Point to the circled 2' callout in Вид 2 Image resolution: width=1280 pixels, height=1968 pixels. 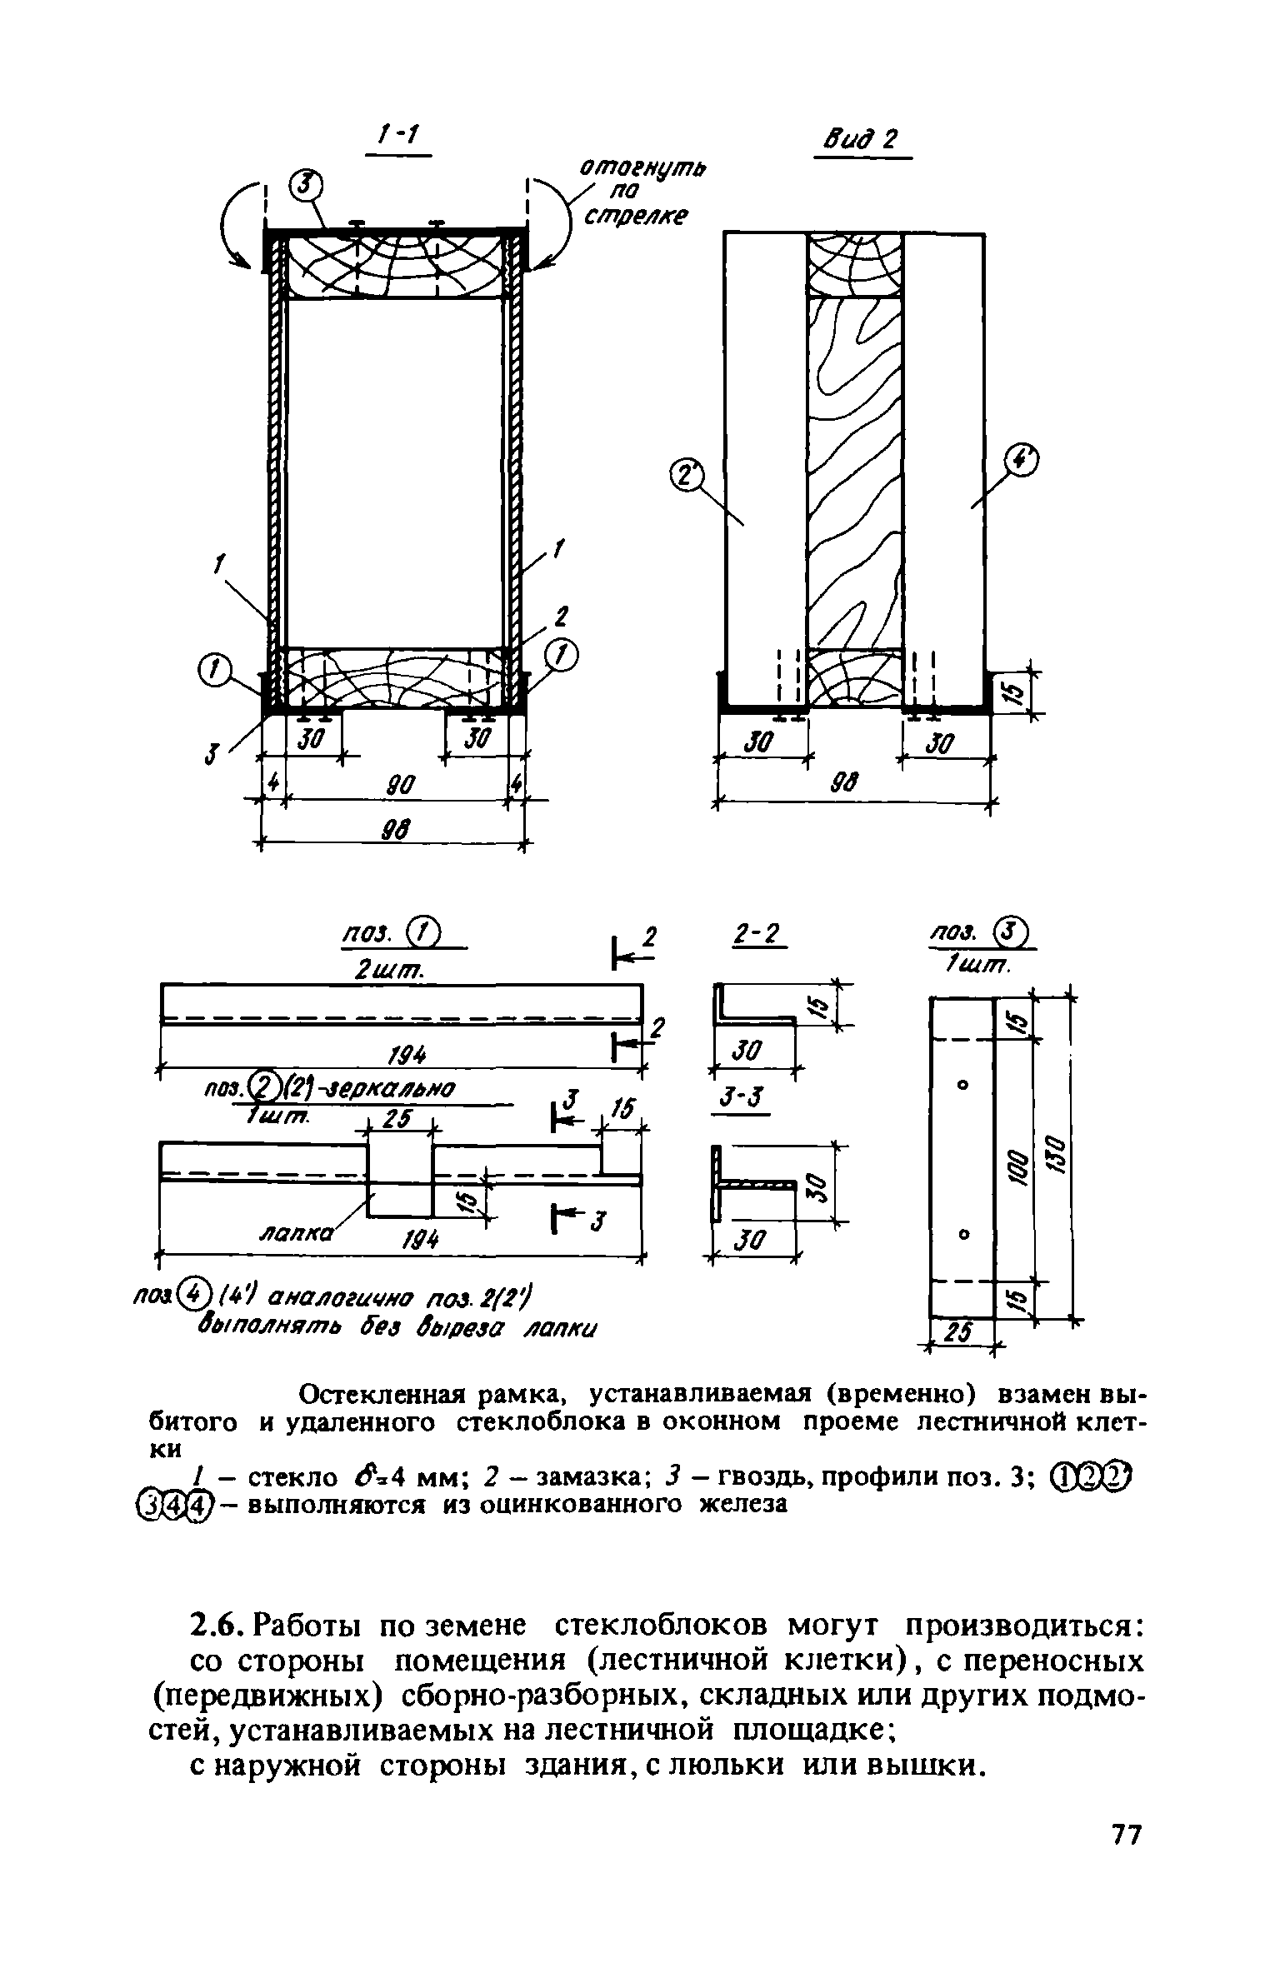(x=687, y=477)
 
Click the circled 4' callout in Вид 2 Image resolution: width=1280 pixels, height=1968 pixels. (x=1022, y=461)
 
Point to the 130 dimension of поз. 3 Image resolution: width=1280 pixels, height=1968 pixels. (x=1054, y=1156)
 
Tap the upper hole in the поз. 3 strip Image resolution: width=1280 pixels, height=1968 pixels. (x=963, y=1085)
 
